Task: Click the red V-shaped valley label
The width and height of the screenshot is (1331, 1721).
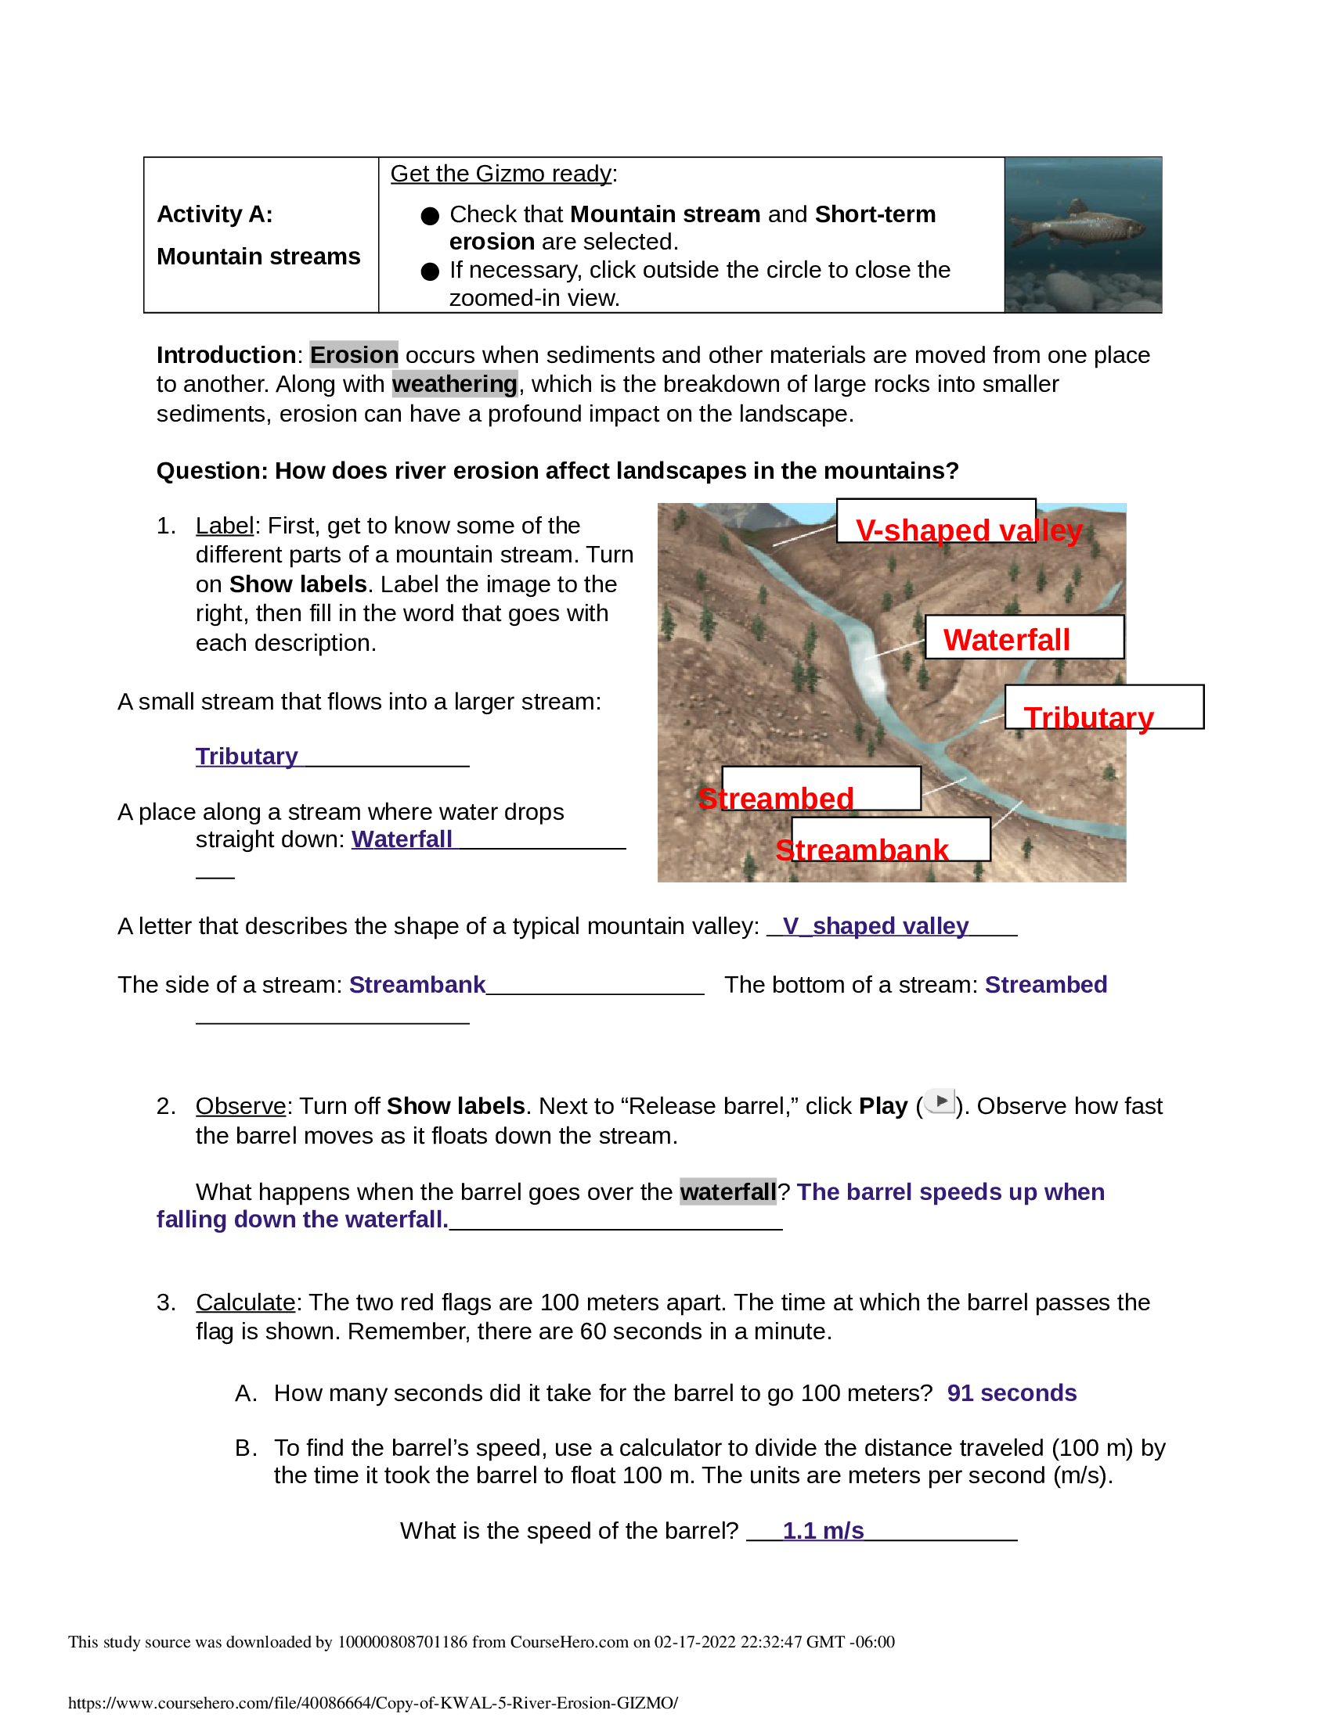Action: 968,530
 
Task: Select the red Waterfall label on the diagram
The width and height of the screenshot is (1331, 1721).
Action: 1006,640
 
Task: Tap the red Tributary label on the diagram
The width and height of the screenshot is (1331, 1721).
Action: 1088,718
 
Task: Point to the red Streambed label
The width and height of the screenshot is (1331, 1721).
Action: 776,798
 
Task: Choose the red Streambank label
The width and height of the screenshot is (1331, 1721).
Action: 861,850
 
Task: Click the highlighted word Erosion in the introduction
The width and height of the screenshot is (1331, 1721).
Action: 353,355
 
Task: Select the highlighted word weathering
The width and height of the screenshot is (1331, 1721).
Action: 454,385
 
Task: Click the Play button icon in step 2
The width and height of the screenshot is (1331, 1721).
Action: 940,1101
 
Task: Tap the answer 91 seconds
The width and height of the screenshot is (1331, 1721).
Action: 1011,1393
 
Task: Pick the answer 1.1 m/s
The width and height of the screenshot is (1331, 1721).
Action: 822,1530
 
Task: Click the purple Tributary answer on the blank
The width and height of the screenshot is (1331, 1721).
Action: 246,756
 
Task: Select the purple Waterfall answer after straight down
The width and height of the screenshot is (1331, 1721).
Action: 402,839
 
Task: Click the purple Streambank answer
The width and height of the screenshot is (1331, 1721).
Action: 417,985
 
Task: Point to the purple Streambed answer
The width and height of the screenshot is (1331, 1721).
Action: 1045,985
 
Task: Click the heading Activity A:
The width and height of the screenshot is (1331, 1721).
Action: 215,214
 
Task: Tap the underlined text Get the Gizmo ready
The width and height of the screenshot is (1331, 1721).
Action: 501,174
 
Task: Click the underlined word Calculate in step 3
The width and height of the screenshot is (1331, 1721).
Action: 245,1302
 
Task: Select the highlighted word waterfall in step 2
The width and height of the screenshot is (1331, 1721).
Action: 728,1192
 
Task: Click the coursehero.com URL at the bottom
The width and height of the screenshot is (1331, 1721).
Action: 372,1703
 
